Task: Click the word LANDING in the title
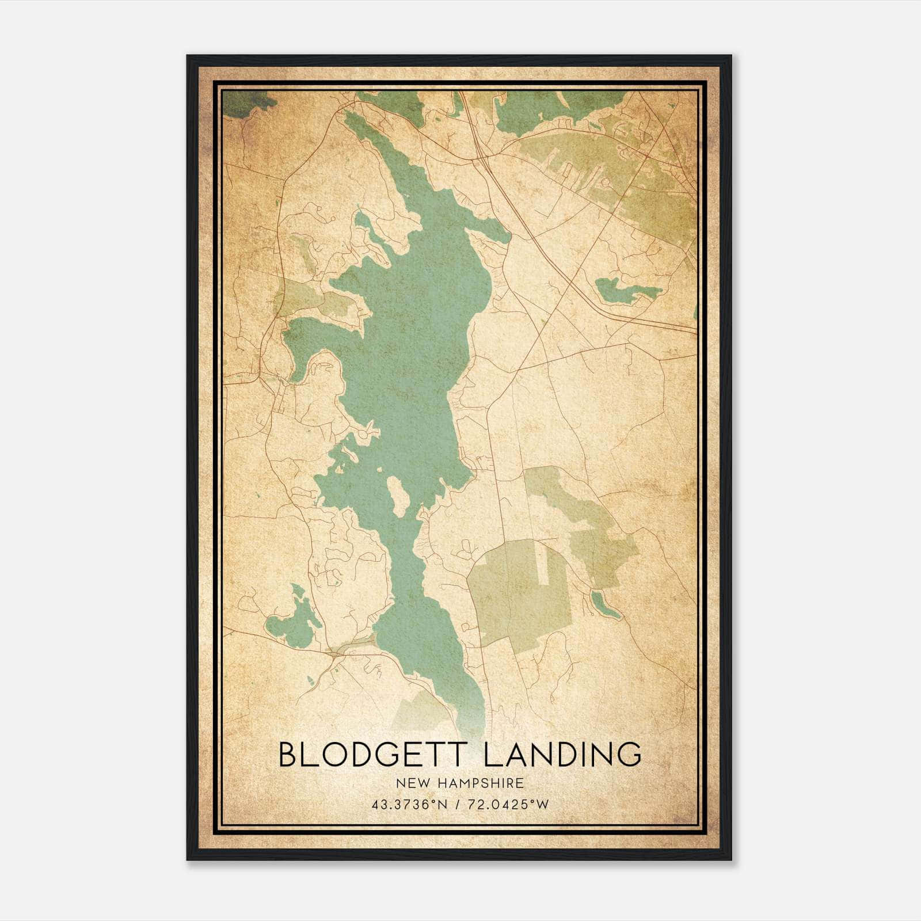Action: (x=562, y=755)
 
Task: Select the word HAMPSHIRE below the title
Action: (x=484, y=783)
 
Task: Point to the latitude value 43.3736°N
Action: (x=409, y=805)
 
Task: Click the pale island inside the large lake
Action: (x=396, y=494)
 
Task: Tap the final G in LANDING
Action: (x=629, y=755)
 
